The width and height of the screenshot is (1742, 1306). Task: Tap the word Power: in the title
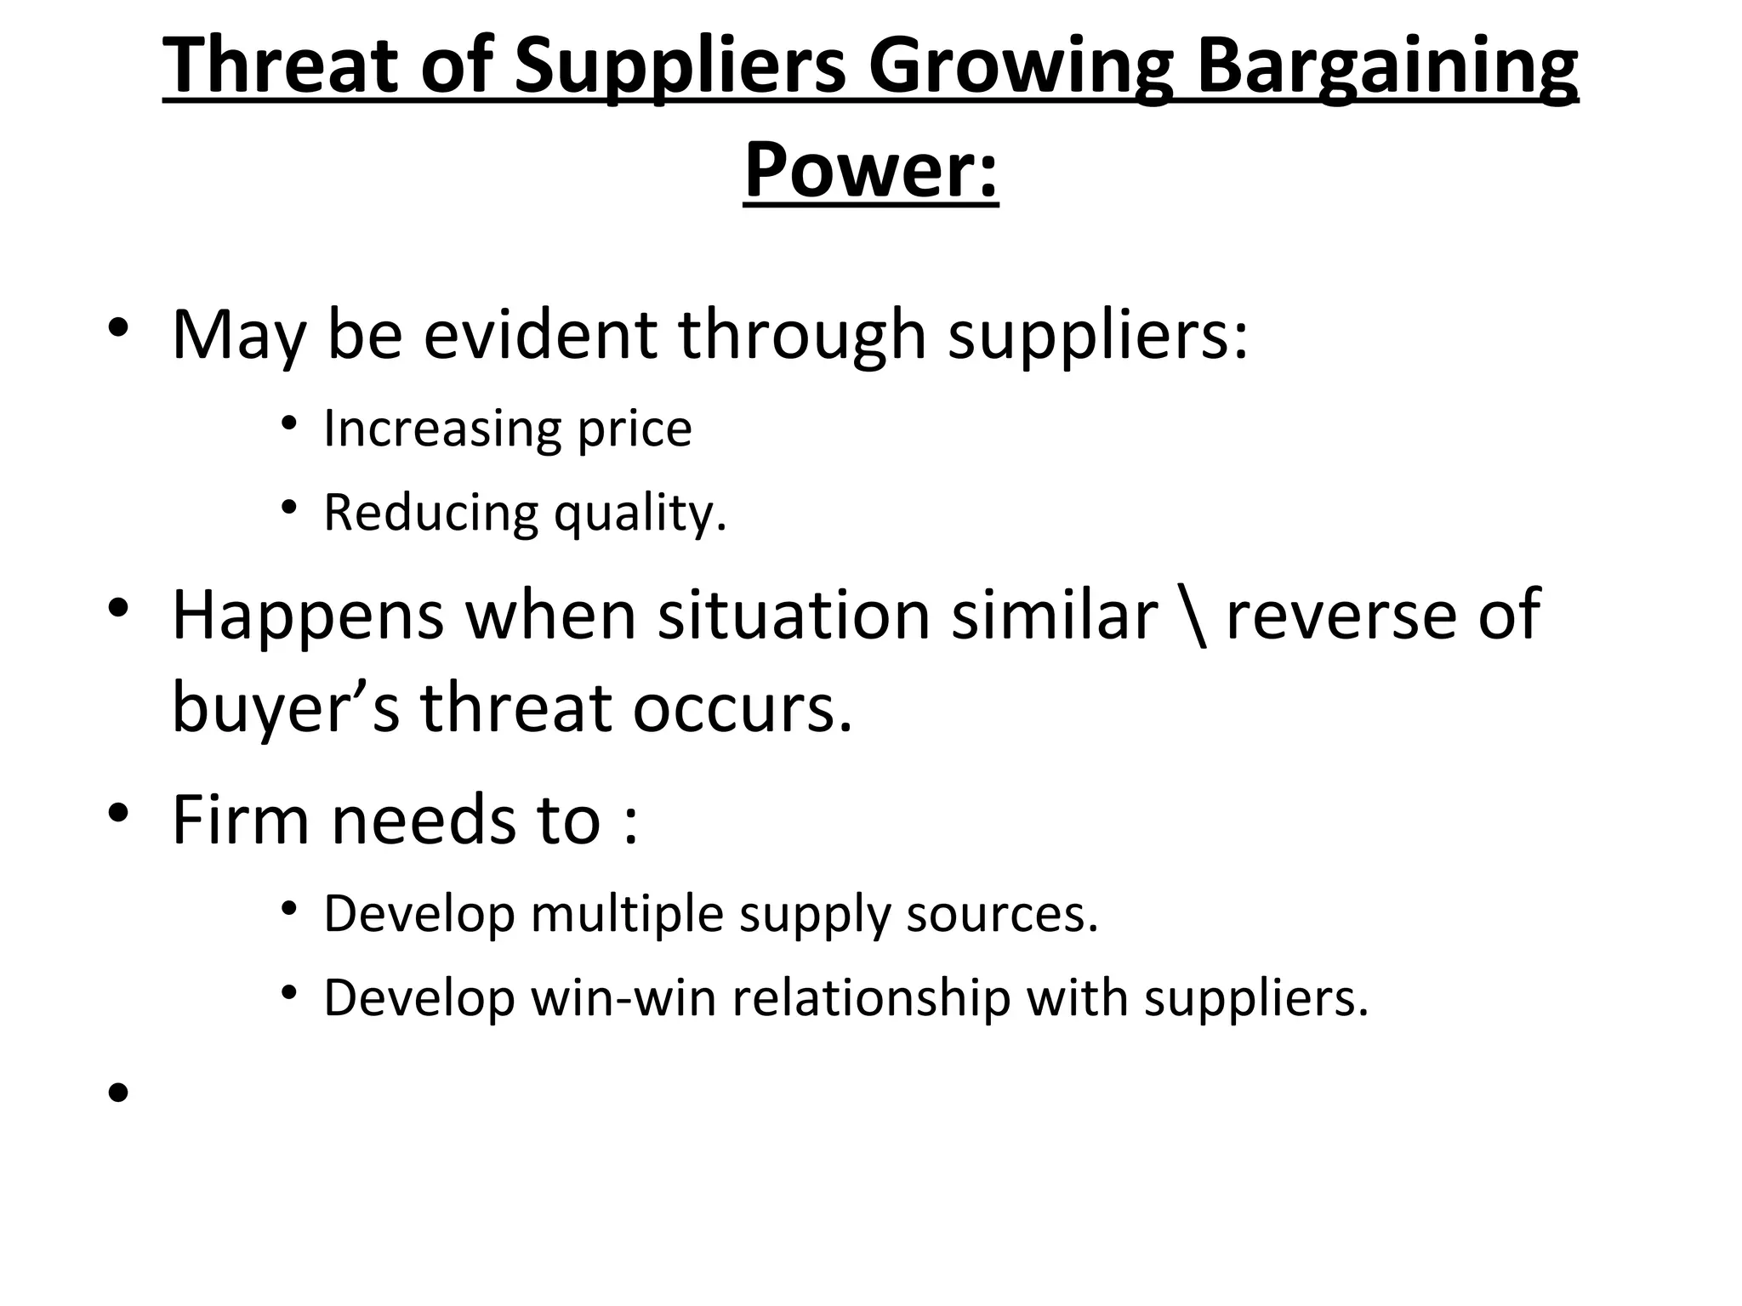pyautogui.click(x=871, y=170)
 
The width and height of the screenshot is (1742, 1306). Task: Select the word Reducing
pyautogui.click(x=430, y=513)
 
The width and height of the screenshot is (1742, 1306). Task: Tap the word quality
pyautogui.click(x=640, y=514)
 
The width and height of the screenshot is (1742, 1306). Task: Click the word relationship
pyautogui.click(x=871, y=998)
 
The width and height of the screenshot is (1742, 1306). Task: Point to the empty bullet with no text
pyautogui.click(x=118, y=1093)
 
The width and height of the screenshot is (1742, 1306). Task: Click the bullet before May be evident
pyautogui.click(x=118, y=328)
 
